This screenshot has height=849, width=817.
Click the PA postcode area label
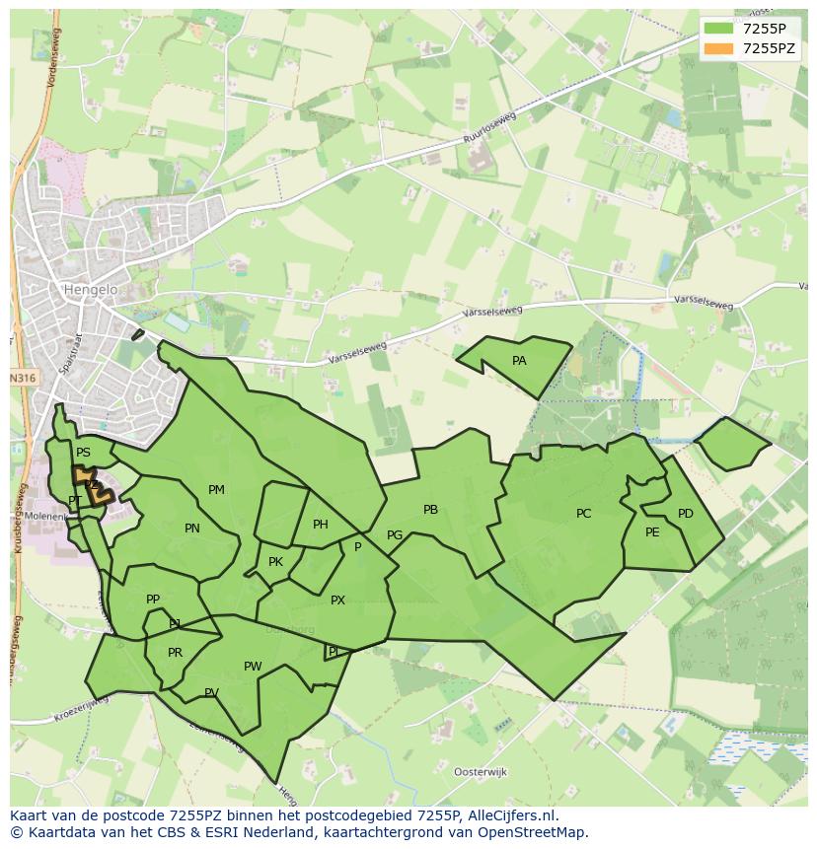[x=519, y=361]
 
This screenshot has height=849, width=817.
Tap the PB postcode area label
[x=430, y=510]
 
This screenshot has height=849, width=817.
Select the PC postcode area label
[x=583, y=514]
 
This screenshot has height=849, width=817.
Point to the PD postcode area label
[x=686, y=514]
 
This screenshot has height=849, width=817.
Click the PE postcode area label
[x=652, y=532]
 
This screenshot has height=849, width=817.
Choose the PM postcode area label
[x=216, y=490]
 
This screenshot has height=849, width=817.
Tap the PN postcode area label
[x=192, y=529]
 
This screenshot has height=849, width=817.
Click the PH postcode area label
[x=321, y=525]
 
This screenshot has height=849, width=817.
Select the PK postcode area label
[x=275, y=562]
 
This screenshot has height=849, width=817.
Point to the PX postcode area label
[x=337, y=601]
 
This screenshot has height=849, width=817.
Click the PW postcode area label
[x=253, y=667]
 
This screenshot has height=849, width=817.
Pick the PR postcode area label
[x=175, y=653]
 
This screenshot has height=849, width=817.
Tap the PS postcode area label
[x=83, y=454]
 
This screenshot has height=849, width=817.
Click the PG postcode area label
[x=395, y=535]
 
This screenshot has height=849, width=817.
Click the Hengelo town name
[x=90, y=290]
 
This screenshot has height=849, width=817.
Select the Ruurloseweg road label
[x=490, y=136]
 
